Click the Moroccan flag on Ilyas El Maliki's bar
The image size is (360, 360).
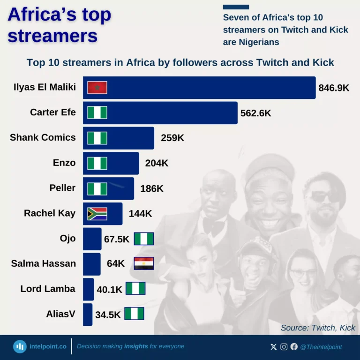pyautogui.click(x=97, y=88)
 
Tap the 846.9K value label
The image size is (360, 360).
pyautogui.click(x=334, y=88)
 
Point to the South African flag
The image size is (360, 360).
pyautogui.click(x=97, y=214)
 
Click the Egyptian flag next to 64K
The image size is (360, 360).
pyautogui.click(x=143, y=263)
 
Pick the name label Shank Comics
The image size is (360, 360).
pyautogui.click(x=43, y=137)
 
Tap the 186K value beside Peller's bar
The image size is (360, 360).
pyautogui.click(x=152, y=188)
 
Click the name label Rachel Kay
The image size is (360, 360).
pyautogui.click(x=50, y=213)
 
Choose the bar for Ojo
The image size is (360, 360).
pyautogui.click(x=92, y=239)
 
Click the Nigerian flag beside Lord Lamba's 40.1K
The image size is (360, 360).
pyautogui.click(x=135, y=289)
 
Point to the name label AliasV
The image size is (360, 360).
pyautogui.click(x=60, y=314)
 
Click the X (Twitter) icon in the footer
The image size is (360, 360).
pyautogui.click(x=274, y=347)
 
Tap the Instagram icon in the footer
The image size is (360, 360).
pyautogui.click(x=284, y=347)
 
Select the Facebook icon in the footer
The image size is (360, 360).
pyautogui.click(x=294, y=347)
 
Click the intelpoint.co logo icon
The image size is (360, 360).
pyautogui.click(x=20, y=346)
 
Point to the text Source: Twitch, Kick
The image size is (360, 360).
pyautogui.click(x=318, y=328)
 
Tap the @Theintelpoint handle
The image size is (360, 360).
pyautogui.click(x=321, y=347)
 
